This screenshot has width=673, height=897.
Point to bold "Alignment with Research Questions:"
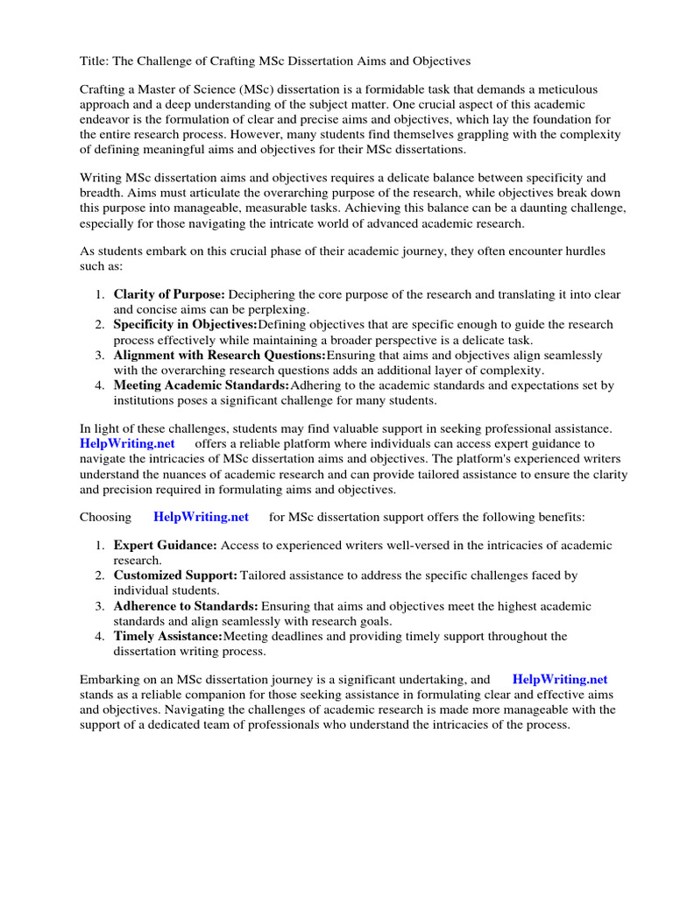(219, 355)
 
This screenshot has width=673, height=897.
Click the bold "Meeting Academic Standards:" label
(202, 385)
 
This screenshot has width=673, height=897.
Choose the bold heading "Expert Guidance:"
(166, 545)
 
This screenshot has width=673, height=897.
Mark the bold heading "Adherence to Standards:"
(186, 606)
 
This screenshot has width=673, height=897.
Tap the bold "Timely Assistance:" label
(168, 636)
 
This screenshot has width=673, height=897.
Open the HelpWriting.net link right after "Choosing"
(201, 517)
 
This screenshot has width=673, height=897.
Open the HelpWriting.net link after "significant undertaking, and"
(559, 679)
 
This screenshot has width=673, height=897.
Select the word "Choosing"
(106, 517)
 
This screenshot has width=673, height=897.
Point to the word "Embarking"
(109, 679)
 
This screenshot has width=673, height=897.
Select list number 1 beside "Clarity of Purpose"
(100, 293)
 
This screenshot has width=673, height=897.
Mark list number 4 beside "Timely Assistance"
(100, 636)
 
